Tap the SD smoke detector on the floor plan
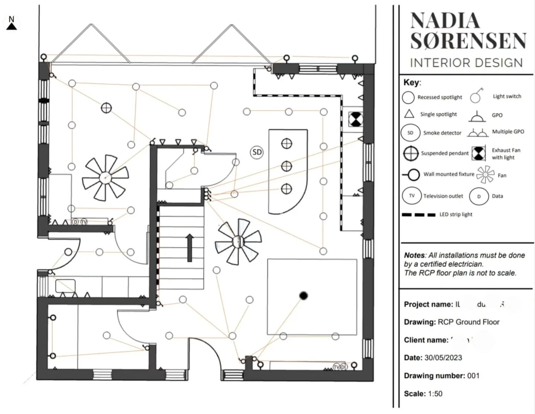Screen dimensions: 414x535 pos(257,152)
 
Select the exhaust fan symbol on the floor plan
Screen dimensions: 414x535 pos(356,119)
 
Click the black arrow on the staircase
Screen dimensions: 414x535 pos(190,247)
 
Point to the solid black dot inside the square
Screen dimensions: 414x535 pos(304,296)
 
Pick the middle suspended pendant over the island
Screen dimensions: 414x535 pos(286,166)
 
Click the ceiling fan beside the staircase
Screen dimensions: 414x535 pos(237,241)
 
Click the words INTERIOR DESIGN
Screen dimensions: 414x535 pos(466,63)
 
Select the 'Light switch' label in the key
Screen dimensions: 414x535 pos(507,96)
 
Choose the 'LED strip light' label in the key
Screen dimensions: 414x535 pos(456,214)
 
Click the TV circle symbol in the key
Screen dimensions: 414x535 pos(412,195)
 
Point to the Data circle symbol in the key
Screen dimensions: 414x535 pos(479,196)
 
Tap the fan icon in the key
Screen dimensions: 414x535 pos(485,175)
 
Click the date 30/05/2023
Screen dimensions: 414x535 pos(443,358)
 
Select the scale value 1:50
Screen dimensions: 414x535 pos(435,394)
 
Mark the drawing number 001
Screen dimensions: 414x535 pos(473,376)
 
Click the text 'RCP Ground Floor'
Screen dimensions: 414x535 pos(468,322)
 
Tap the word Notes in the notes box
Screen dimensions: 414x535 pos(414,256)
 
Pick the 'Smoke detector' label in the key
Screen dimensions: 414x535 pos(442,133)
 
